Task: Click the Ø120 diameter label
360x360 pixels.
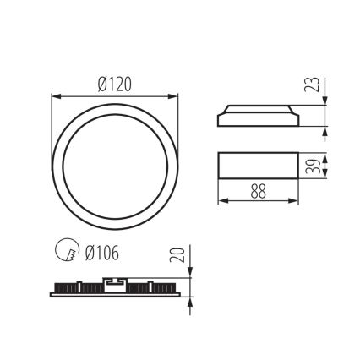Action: point(117,84)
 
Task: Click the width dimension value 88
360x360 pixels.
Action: point(259,192)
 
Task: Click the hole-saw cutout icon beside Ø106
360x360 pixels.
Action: point(64,251)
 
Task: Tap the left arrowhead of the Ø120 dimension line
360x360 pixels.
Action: point(56,95)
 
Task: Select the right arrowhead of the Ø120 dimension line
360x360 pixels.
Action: point(177,95)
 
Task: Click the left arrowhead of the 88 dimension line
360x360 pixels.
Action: point(221,201)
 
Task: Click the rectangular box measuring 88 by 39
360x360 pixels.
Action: point(259,166)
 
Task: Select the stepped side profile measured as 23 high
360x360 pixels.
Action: point(259,116)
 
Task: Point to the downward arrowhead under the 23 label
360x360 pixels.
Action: point(325,101)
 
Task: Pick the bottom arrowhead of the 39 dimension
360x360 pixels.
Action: point(325,176)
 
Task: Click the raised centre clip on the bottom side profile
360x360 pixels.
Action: point(117,282)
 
